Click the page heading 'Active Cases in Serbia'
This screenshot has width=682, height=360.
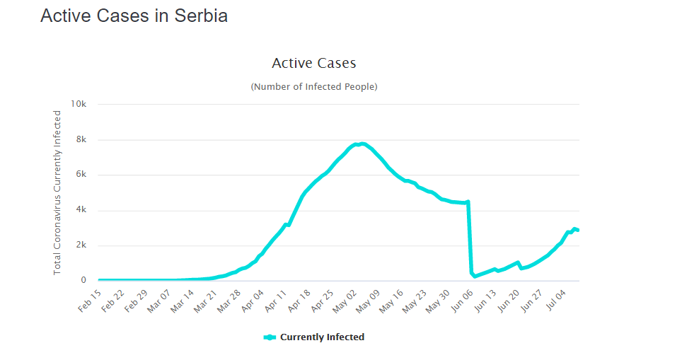(x=134, y=16)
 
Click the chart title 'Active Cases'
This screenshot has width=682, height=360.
(x=313, y=63)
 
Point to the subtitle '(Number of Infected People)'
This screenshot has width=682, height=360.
(x=313, y=86)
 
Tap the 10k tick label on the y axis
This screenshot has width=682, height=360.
(x=78, y=104)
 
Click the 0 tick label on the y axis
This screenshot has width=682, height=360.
(x=83, y=281)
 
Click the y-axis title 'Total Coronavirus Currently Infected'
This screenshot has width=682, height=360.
(x=57, y=192)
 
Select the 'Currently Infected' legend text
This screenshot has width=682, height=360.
(x=322, y=337)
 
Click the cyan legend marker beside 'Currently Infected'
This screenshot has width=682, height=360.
(x=270, y=337)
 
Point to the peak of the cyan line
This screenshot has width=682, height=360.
(x=362, y=144)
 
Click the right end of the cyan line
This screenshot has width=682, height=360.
(x=578, y=231)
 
